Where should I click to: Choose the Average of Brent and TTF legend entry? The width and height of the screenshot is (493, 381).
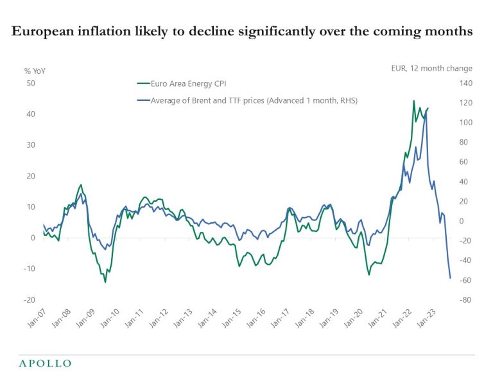click(x=254, y=100)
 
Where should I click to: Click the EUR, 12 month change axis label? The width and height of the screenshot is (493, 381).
click(x=431, y=68)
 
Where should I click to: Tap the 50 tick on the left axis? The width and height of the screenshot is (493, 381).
click(x=30, y=84)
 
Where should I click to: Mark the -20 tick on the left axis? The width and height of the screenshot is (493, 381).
click(x=30, y=300)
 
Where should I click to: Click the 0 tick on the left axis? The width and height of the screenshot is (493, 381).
click(x=32, y=238)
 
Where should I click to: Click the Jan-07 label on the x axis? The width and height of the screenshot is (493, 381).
click(x=38, y=318)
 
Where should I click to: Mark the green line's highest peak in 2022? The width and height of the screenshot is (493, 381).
click(x=413, y=101)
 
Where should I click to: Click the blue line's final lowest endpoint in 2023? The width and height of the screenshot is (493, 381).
click(x=451, y=278)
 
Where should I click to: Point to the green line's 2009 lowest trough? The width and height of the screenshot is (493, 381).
click(x=105, y=282)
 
